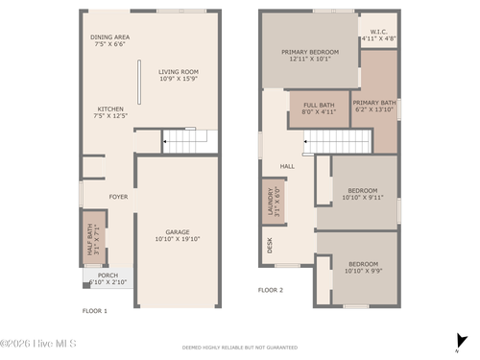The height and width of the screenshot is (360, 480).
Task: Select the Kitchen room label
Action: (x=110, y=112)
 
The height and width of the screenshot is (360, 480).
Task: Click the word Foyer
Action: (x=118, y=197)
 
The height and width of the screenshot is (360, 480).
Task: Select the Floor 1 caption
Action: (x=94, y=311)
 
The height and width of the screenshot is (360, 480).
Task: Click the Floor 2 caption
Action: (x=271, y=289)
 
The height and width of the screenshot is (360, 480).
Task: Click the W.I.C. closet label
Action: (x=377, y=36)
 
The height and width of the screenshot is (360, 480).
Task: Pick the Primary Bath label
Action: (x=374, y=106)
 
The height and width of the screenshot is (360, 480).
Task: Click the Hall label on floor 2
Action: (x=287, y=166)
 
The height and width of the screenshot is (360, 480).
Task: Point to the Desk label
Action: (x=269, y=246)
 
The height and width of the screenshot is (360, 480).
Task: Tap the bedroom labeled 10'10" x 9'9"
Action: (x=363, y=267)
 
